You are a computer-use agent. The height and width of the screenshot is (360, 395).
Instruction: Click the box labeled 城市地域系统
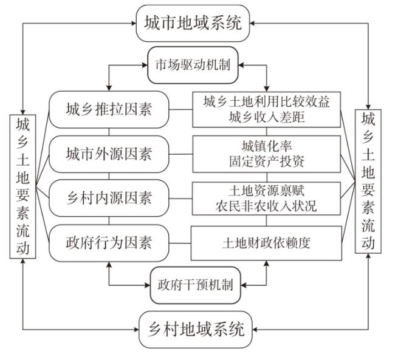click(193, 23)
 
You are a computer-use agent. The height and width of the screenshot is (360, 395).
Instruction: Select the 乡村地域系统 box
click(196, 329)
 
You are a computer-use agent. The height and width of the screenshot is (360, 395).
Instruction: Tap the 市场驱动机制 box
click(193, 65)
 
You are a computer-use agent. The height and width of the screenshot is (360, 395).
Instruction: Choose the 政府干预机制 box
click(195, 285)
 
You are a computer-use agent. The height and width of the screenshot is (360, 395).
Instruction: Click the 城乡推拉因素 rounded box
click(109, 109)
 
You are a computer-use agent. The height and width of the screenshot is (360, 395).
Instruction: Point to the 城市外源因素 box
click(109, 154)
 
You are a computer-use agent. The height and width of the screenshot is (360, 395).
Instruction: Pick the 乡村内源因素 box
click(109, 198)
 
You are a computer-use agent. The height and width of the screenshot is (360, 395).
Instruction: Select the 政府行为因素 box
click(109, 243)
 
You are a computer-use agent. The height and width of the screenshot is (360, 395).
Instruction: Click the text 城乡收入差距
click(267, 117)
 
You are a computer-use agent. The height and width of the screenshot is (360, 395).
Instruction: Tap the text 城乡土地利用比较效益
click(267, 102)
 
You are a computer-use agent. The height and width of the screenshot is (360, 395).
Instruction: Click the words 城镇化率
click(267, 146)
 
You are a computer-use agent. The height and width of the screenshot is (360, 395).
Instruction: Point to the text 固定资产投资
click(267, 161)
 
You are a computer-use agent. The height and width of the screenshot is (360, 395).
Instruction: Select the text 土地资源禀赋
click(267, 191)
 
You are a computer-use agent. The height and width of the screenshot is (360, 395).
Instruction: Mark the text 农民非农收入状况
click(267, 206)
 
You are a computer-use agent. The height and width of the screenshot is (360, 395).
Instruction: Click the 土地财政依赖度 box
click(267, 243)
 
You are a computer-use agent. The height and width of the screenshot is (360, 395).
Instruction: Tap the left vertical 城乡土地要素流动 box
click(23, 186)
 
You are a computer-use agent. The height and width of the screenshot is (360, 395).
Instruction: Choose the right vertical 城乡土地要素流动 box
click(368, 182)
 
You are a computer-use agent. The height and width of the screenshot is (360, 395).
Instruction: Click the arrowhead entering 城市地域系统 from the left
click(133, 24)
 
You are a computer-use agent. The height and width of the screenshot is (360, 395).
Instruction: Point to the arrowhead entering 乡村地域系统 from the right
click(255, 329)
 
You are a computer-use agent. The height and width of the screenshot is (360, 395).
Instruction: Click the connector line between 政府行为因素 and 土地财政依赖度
click(180, 243)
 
